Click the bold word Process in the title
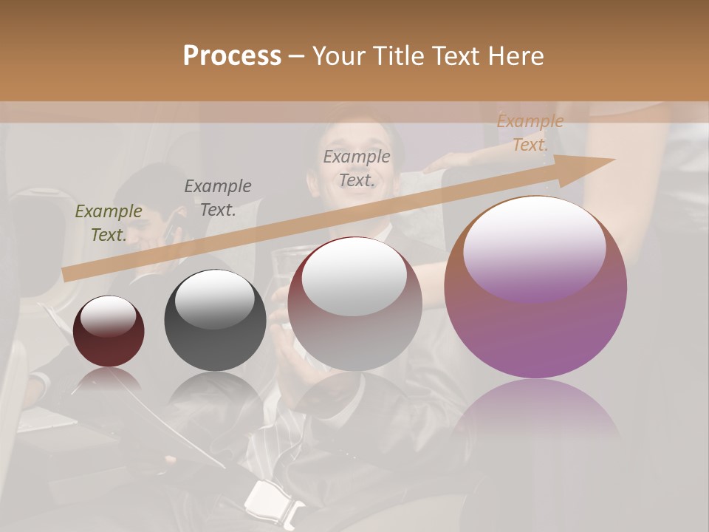click(x=232, y=56)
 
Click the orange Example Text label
click(x=530, y=134)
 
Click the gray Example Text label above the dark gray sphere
click(x=218, y=198)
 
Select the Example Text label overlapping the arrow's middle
click(x=357, y=168)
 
